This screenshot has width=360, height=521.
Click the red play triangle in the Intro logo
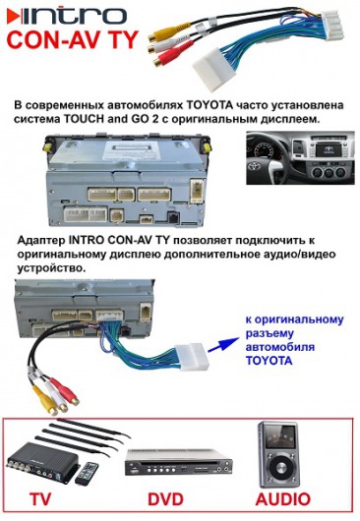click(x=14, y=17)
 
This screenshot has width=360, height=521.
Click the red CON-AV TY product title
click(x=72, y=40)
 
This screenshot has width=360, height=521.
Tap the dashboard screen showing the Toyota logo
click(x=329, y=149)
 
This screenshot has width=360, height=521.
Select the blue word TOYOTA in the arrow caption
click(x=269, y=361)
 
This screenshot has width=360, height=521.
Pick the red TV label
click(x=40, y=499)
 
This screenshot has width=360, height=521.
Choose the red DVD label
click(x=165, y=499)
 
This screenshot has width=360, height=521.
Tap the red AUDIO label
click(x=283, y=499)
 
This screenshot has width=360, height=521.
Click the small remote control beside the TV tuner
click(x=87, y=474)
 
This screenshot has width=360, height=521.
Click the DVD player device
click(x=178, y=462)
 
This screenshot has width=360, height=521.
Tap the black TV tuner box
click(x=43, y=462)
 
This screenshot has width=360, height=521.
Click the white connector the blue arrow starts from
click(x=192, y=357)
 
